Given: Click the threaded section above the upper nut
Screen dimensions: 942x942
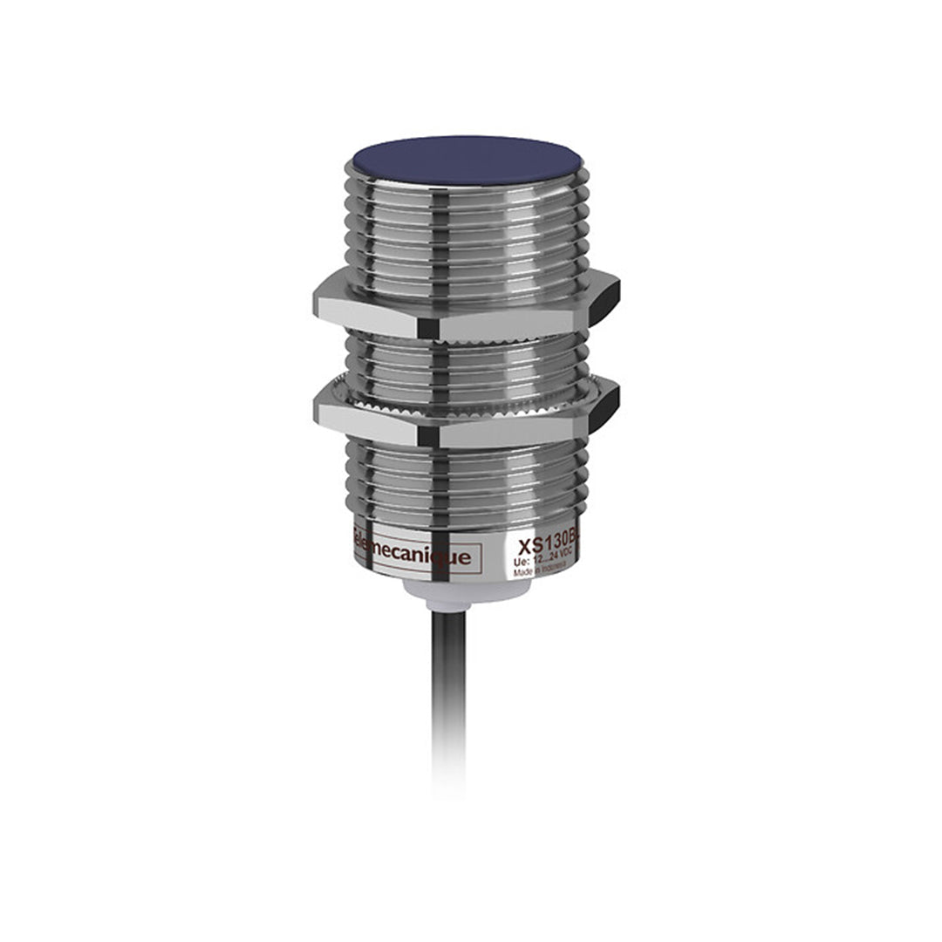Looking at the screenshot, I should coord(467,227).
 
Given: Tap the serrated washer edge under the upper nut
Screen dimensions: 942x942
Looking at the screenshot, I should coord(467,338).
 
